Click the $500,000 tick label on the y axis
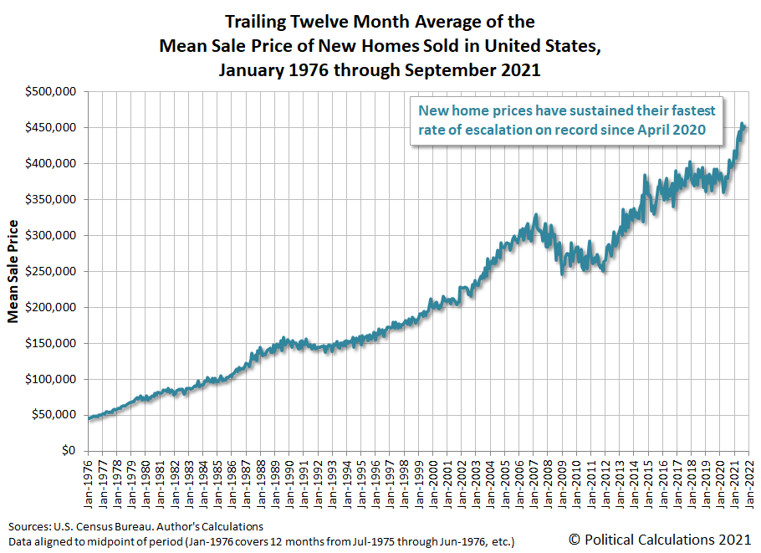[x=52, y=91]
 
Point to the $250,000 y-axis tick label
[x=52, y=271]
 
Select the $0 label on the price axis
[x=69, y=451]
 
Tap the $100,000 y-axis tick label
[x=52, y=379]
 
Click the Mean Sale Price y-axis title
[x=13, y=271]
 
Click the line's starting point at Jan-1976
[x=89, y=417]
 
